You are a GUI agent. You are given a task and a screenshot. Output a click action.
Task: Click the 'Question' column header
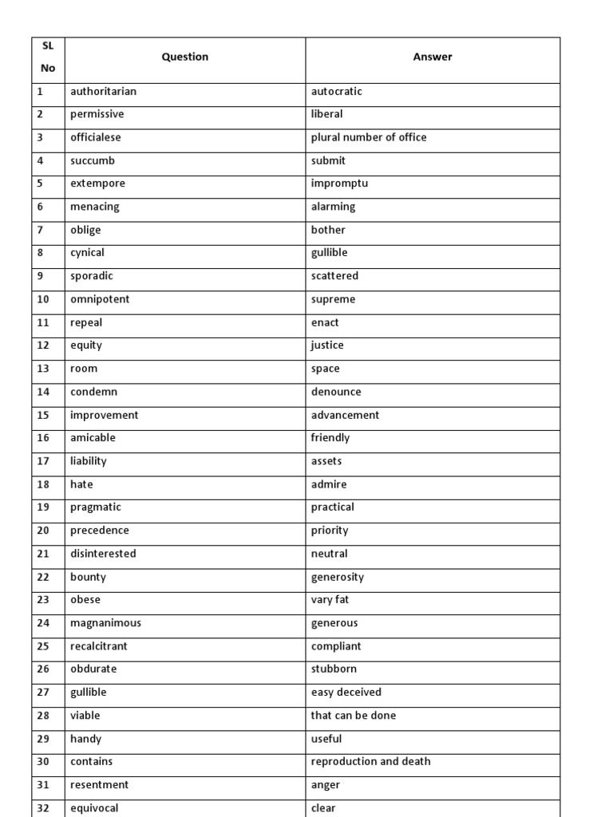coord(184,57)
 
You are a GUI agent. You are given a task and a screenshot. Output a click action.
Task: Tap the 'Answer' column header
coord(432,57)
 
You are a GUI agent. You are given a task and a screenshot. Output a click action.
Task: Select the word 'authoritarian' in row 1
coord(103,91)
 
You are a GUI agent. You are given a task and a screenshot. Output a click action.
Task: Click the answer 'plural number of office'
coord(368,137)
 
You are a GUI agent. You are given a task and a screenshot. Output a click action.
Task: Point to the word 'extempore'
coord(97,184)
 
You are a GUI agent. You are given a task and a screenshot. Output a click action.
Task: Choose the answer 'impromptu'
coord(339,184)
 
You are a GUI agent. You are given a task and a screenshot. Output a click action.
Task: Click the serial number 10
coord(43,299)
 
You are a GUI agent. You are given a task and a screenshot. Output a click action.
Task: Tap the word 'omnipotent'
coord(100,299)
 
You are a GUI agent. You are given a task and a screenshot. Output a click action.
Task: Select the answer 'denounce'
coord(335,392)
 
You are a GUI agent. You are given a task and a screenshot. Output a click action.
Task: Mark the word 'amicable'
coord(93,438)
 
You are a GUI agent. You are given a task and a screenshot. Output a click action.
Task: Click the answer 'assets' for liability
coord(326,461)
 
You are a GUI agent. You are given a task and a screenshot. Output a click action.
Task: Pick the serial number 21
coord(43,554)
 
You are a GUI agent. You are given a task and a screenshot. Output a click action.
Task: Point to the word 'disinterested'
coord(103,554)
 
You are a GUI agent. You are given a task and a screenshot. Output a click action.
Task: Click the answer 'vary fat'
coord(330,600)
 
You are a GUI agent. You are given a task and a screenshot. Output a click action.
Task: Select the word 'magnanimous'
coord(105,623)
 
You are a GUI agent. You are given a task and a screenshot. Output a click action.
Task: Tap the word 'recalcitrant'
coord(98,646)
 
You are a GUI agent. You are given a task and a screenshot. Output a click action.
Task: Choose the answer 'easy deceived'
coord(346,693)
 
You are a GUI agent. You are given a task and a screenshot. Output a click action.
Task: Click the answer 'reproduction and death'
coord(370,762)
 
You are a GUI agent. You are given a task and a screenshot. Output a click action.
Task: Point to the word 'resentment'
coord(99,785)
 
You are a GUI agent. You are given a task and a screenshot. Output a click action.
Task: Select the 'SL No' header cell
coord(48,57)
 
